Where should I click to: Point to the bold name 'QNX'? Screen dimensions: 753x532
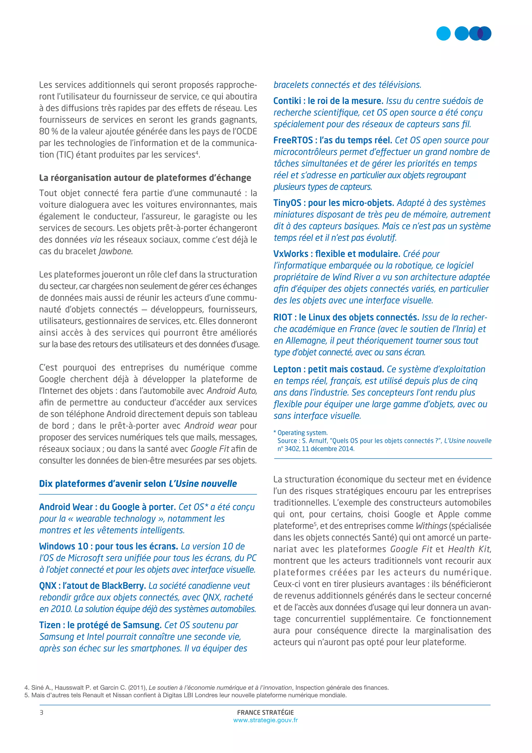click(48, 586)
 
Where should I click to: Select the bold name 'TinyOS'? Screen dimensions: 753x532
click(287, 203)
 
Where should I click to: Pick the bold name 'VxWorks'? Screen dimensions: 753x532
click(290, 254)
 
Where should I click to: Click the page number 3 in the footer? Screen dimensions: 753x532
click(41, 712)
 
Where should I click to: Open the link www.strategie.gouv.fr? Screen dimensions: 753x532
click(265, 720)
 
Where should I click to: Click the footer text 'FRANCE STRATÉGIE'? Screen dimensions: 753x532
click(265, 712)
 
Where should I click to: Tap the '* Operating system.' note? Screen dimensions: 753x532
click(301, 433)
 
